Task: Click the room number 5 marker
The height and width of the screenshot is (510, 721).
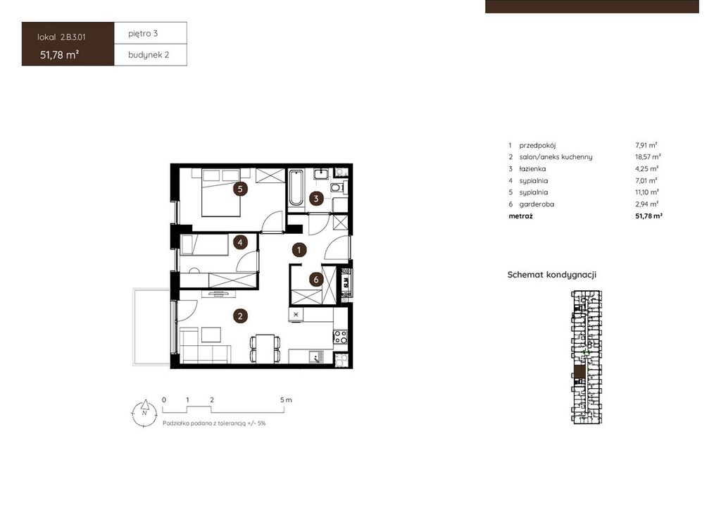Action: click(240, 189)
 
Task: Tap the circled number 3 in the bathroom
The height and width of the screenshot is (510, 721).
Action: click(316, 199)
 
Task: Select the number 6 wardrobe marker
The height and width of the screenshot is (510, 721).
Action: click(316, 279)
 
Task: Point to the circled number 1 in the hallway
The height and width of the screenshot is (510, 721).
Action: click(299, 250)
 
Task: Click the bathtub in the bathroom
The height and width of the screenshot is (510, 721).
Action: click(296, 187)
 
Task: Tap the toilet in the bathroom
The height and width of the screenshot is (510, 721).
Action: click(337, 187)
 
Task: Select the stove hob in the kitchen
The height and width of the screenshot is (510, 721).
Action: click(340, 337)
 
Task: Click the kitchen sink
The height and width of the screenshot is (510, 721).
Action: click(315, 356)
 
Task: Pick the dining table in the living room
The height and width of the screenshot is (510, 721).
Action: click(265, 348)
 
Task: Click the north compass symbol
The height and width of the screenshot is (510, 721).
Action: click(144, 413)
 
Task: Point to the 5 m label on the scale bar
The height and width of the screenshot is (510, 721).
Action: click(286, 399)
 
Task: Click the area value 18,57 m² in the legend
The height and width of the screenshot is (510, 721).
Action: click(648, 157)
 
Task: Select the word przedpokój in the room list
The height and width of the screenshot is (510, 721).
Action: click(537, 145)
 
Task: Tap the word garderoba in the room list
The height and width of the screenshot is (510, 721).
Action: click(537, 204)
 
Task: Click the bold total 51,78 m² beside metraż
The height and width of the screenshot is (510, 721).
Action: click(648, 216)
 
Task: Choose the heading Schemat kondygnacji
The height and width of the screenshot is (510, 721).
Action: click(552, 275)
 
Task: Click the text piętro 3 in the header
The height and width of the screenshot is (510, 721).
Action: click(143, 33)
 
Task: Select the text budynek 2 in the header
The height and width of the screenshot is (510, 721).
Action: click(149, 55)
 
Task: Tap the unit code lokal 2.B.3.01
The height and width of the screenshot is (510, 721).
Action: click(61, 37)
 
